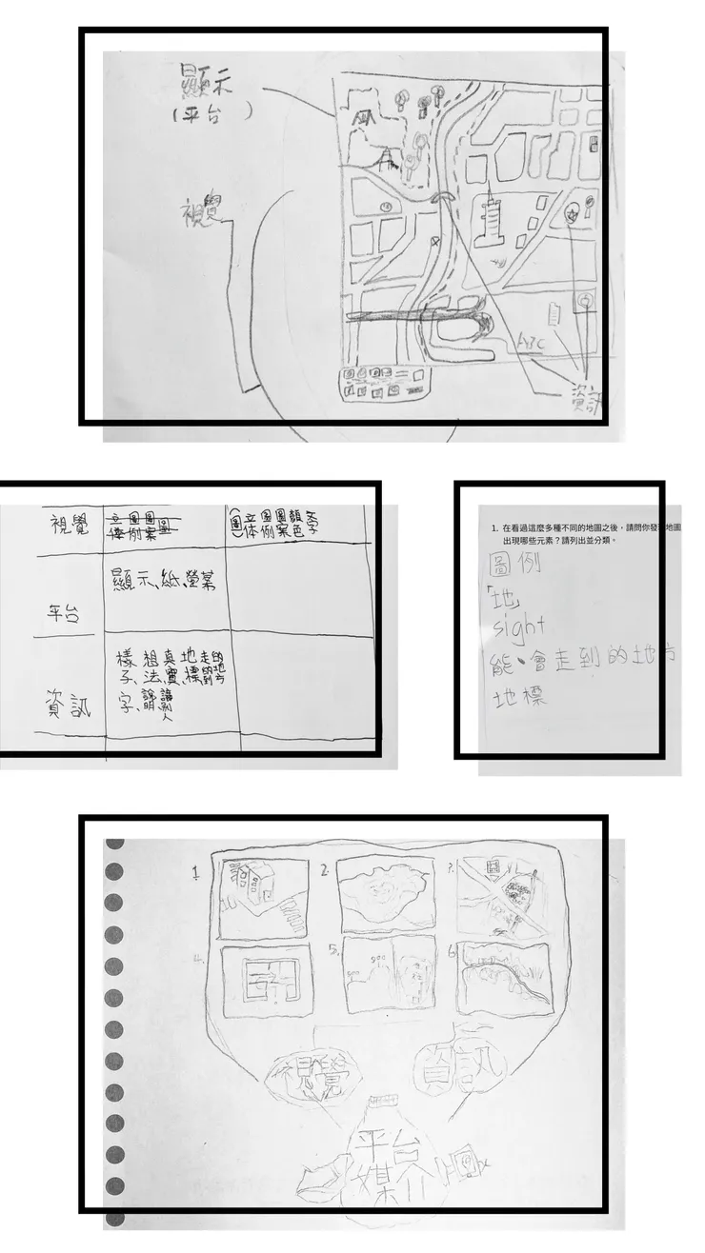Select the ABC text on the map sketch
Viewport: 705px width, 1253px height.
click(x=530, y=341)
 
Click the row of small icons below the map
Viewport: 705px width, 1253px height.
click(x=385, y=381)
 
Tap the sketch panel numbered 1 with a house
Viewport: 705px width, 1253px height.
click(x=263, y=897)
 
